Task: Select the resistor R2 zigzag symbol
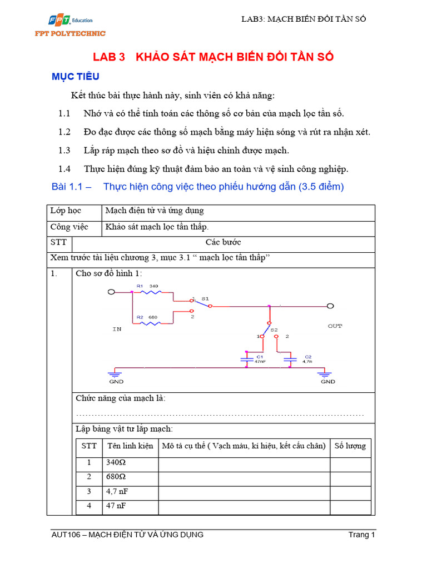click(148, 323)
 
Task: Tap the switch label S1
click(205, 298)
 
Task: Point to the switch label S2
click(274, 330)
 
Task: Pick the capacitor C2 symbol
click(290, 359)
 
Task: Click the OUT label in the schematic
click(335, 326)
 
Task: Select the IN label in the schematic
click(117, 329)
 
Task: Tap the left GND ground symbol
click(117, 376)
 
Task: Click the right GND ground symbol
click(327, 376)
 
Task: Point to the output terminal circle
click(330, 306)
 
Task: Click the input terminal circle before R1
click(111, 292)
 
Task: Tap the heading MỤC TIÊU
click(75, 77)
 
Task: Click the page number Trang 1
click(362, 535)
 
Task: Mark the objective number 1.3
click(64, 150)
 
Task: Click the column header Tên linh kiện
click(130, 446)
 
